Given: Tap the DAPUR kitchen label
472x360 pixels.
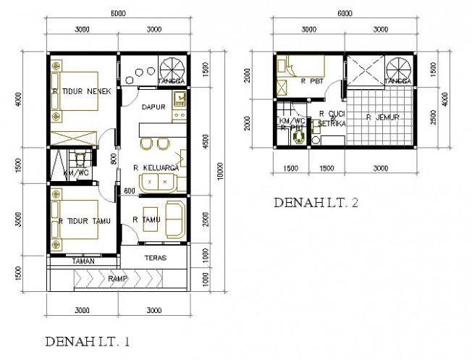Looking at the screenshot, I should [x=155, y=106].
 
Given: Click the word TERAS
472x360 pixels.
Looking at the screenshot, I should [x=155, y=258].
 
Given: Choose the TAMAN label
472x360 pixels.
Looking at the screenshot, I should [x=82, y=260].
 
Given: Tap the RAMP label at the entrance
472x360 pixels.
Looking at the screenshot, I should [x=119, y=277].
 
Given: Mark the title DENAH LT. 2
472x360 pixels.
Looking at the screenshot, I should [x=316, y=204].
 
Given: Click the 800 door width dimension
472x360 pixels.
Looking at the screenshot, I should [x=114, y=160].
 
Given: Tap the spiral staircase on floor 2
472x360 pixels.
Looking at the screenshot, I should [x=397, y=71].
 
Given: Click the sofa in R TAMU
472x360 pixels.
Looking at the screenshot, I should [x=175, y=219].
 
